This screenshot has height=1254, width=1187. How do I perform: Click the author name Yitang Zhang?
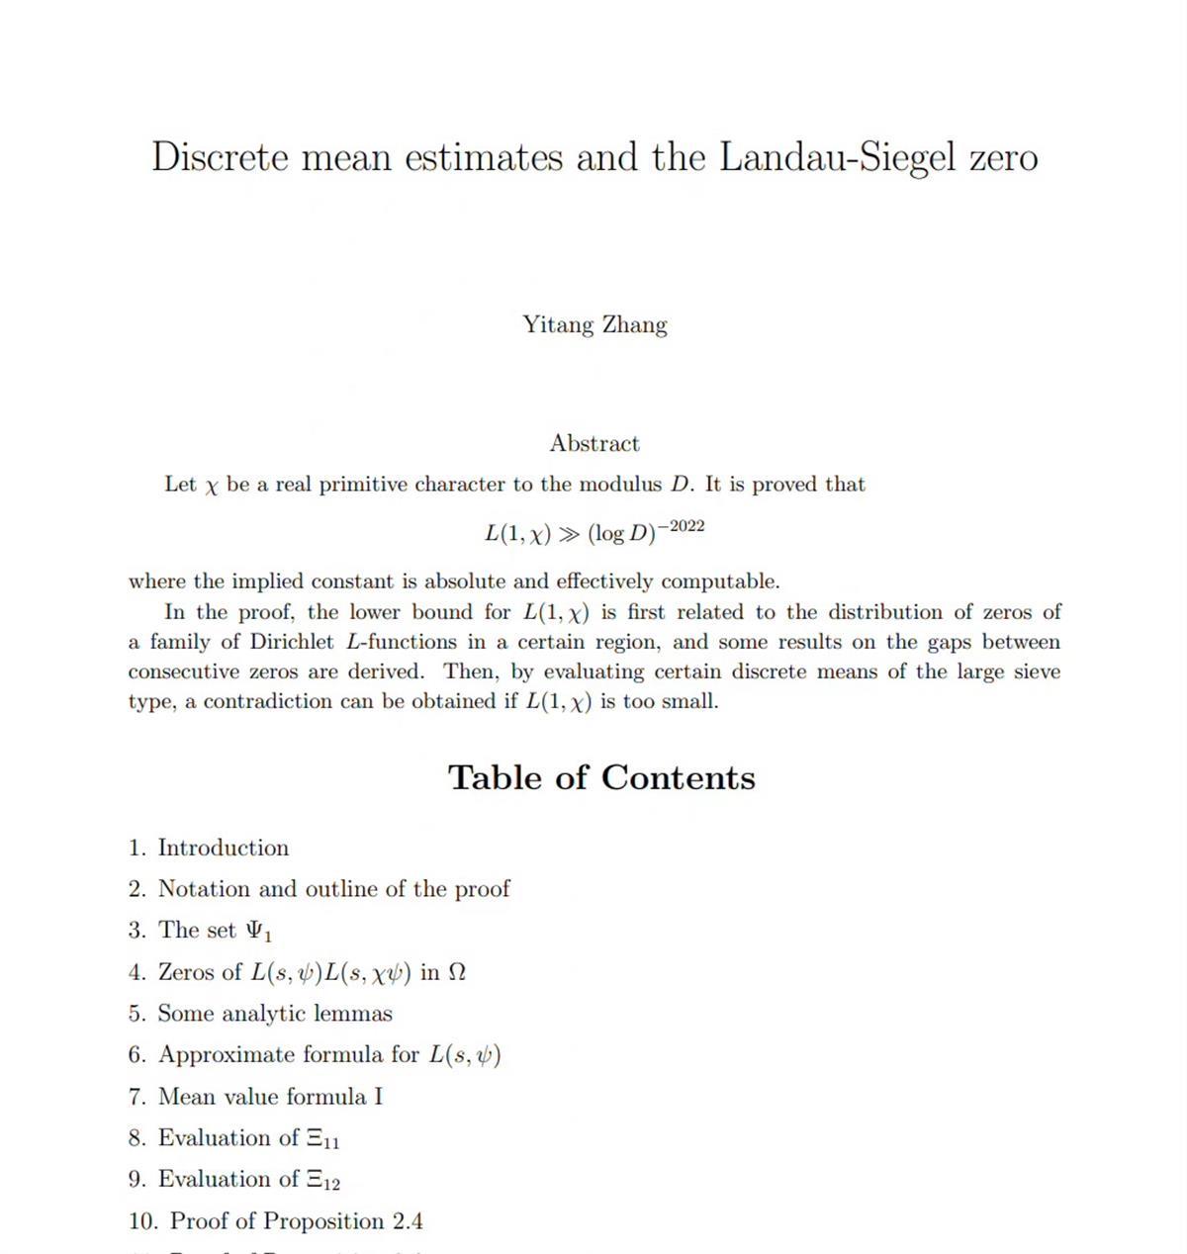[594, 325]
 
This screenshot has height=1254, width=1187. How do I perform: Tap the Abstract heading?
[594, 443]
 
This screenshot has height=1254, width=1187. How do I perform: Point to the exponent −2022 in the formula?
[682, 526]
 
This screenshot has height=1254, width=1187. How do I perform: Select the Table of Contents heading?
[601, 777]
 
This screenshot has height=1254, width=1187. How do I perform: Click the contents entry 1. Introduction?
[209, 849]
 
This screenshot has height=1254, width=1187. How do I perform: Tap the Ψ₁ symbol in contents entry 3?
[259, 932]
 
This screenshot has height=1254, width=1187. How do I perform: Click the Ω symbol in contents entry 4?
[456, 973]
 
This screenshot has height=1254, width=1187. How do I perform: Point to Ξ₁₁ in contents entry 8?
[322, 1139]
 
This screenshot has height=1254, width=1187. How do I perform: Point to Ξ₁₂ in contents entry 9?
[322, 1181]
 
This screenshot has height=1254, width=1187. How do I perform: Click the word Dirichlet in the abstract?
[292, 643]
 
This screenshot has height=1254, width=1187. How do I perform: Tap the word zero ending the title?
[1003, 158]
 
